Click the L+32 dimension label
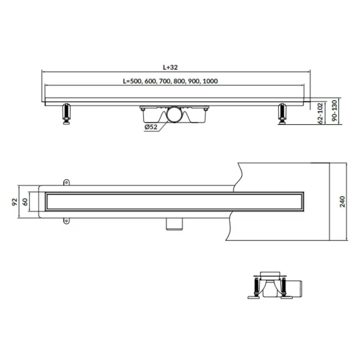pyautogui.click(x=170, y=67)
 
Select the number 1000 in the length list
pyautogui.click(x=210, y=81)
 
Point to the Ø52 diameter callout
pyautogui.click(x=151, y=127)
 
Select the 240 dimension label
pyautogui.click(x=342, y=202)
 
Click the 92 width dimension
pyautogui.click(x=14, y=202)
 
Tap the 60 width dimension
pyautogui.click(x=25, y=202)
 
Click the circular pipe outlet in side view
pyautogui.click(x=174, y=114)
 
